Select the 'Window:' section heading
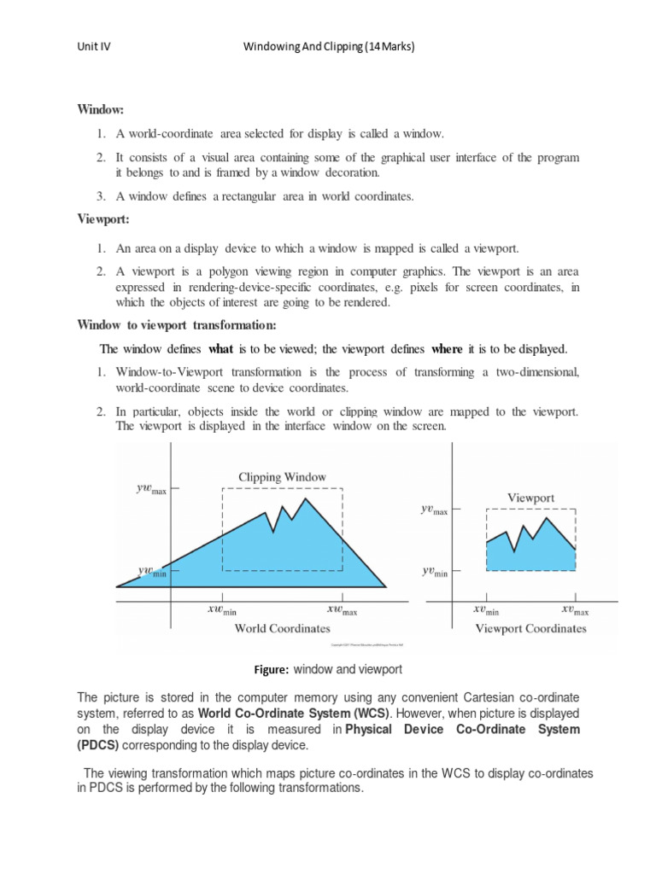[x=101, y=110]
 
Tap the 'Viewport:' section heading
[x=102, y=219]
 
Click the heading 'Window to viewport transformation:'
[x=177, y=324]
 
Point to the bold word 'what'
[x=221, y=349]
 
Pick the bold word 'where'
[x=447, y=349]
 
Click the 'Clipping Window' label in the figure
[x=282, y=477]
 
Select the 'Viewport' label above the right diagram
[x=530, y=498]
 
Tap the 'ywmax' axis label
[x=151, y=491]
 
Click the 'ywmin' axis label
[x=152, y=571]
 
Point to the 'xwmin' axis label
[x=222, y=610]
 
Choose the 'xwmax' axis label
[x=342, y=610]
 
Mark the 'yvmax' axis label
[x=434, y=510]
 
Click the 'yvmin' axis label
[x=434, y=572]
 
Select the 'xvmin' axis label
[x=486, y=610]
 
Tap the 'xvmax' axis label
[x=575, y=610]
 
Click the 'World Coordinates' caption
[x=282, y=628]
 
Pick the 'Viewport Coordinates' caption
[x=530, y=628]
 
